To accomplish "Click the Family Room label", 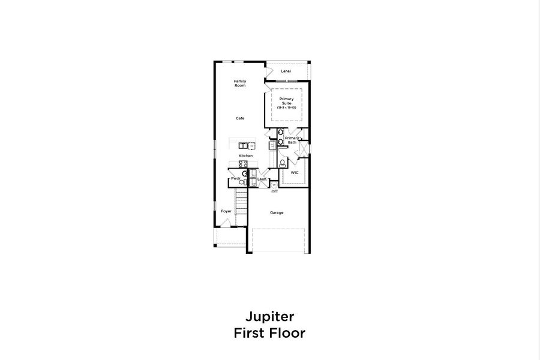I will pos(240,83).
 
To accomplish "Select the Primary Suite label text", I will pos(287,101).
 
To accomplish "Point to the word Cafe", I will pos(240,118).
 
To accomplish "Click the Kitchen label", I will pos(245,156).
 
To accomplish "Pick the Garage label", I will pos(277,212).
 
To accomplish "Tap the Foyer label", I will pos(226,211).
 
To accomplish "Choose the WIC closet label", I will pos(295,173).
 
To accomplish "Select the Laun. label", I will pos(262,179).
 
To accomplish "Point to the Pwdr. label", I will pos(235,179).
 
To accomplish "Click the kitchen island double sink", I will pos(243,146).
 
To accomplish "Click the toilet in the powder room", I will pos(245,173).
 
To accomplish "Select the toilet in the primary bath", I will pos(282,163).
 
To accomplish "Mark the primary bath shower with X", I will pos(303,149).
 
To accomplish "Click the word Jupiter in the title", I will pos(270,316).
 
